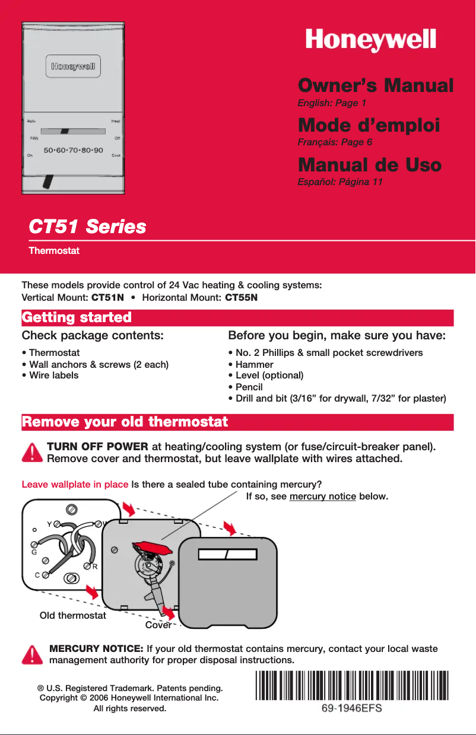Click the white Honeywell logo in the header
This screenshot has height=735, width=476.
coord(371,40)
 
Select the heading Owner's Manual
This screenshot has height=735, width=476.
coord(375,85)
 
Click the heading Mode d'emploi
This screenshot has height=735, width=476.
coord(369,125)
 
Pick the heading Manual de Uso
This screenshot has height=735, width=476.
coord(369,164)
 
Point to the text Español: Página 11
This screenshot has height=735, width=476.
coord(339,182)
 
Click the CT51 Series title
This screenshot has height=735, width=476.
coord(88,227)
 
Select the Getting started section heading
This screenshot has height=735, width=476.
coord(77,317)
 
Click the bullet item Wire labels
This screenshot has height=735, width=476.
coord(52,375)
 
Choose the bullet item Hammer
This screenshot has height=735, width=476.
coord(254,364)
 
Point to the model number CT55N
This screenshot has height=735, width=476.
coord(242,297)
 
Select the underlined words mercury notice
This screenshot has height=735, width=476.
coord(322,495)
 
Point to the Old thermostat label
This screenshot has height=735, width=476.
coord(72,615)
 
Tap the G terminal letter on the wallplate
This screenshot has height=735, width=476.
coord(34,552)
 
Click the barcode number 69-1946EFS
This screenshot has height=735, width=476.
coord(351,708)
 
